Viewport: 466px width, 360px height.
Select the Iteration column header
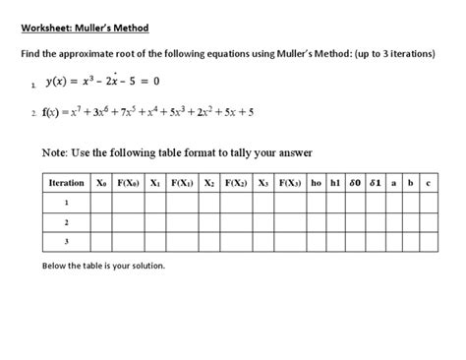point(67,184)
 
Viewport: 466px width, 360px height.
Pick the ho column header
point(316,184)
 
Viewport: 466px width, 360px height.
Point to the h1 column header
point(336,184)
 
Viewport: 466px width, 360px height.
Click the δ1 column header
point(378,184)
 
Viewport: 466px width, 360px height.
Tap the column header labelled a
point(394,184)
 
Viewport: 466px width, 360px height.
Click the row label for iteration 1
point(67,203)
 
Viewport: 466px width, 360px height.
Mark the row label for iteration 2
point(67,221)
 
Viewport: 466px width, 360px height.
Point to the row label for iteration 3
point(67,240)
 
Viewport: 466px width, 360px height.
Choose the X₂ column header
point(207,184)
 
